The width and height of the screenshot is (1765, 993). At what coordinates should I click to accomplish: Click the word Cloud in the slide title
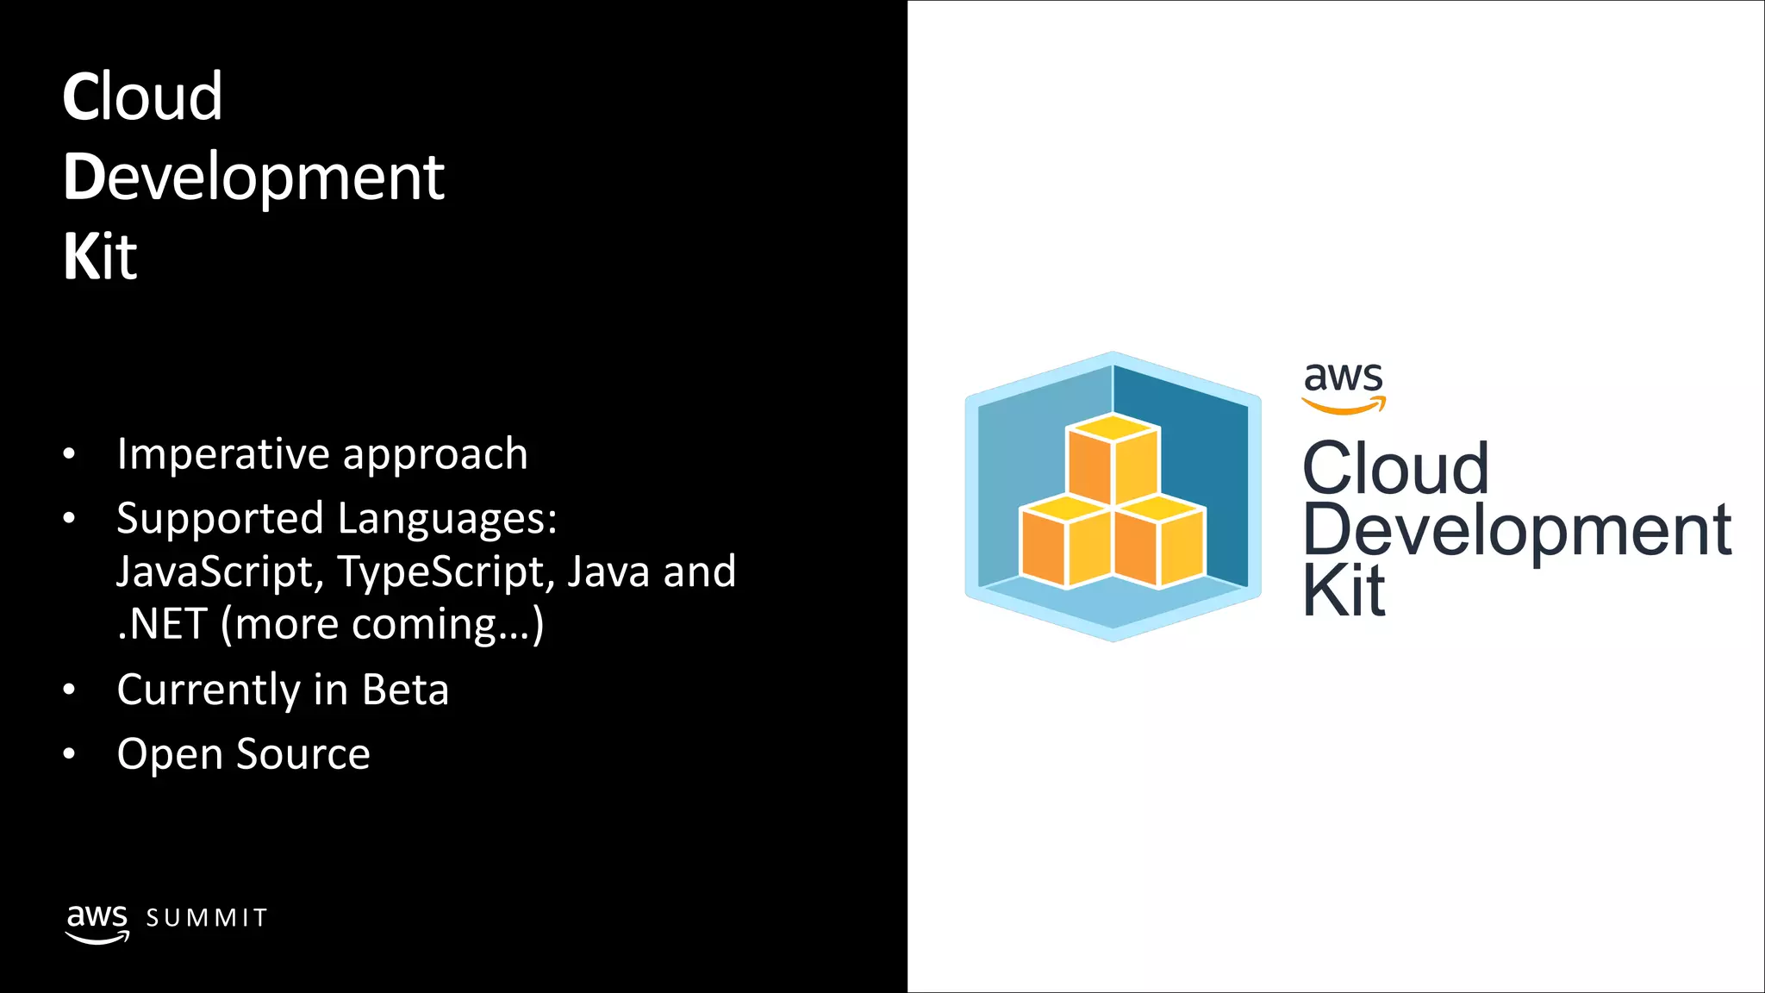tap(142, 97)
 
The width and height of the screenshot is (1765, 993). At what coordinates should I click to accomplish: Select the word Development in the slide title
tap(253, 178)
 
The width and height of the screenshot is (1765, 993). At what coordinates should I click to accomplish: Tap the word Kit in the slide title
tap(100, 257)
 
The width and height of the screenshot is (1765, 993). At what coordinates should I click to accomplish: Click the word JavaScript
tap(221, 571)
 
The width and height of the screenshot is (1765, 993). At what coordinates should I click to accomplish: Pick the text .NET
tap(162, 624)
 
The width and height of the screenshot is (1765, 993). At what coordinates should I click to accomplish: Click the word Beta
tap(405, 690)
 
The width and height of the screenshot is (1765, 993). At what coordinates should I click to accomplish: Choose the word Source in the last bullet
tap(303, 754)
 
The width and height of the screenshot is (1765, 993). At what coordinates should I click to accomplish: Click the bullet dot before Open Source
tap(70, 755)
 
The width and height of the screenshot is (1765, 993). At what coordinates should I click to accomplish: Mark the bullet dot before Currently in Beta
tap(70, 690)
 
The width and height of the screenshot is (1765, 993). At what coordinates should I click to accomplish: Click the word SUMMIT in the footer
tap(207, 918)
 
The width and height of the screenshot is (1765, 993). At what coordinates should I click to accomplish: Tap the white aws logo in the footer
tap(97, 923)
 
